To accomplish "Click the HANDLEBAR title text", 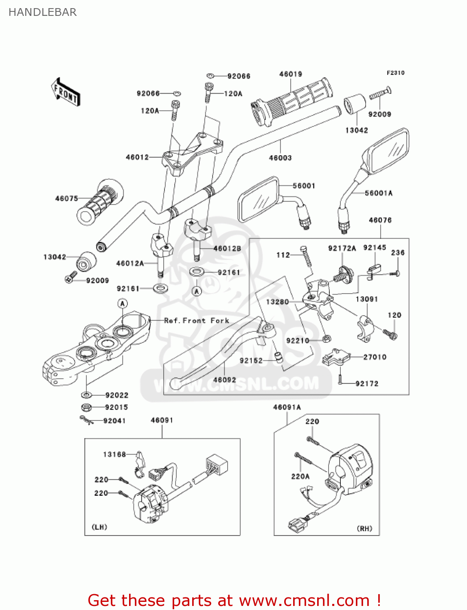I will (42, 12).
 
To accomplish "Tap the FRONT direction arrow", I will (65, 92).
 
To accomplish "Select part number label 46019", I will (290, 74).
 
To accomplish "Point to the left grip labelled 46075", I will (100, 201).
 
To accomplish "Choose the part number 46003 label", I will (280, 158).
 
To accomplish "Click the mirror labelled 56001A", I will (387, 152).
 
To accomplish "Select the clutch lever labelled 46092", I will (216, 352).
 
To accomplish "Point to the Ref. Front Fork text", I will (197, 320).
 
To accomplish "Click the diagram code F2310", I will (395, 73).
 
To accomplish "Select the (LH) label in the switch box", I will (99, 527).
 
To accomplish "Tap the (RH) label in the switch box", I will (364, 529).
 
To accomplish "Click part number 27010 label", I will (375, 357).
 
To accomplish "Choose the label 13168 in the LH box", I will (114, 454).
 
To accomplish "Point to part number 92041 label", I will (114, 420).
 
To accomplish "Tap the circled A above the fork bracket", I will (123, 303).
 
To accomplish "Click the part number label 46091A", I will (287, 407).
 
